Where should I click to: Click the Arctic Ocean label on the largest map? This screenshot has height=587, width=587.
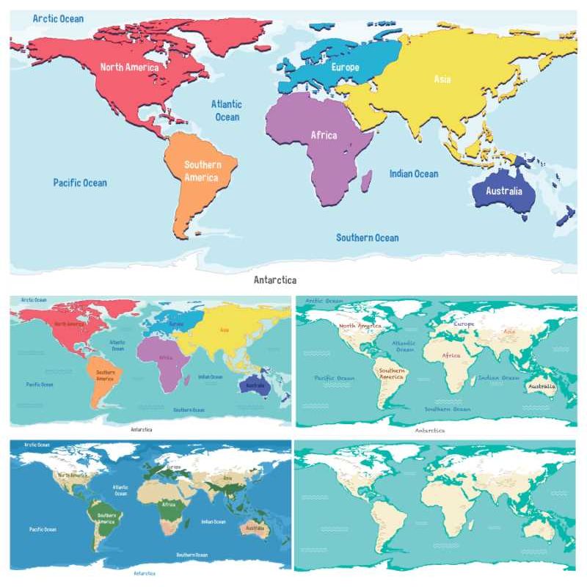coord(58,18)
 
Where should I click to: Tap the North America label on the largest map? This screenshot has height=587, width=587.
coord(129,68)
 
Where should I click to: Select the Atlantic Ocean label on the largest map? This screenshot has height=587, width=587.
coord(227,110)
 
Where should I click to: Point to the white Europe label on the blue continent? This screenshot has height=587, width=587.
coord(345,68)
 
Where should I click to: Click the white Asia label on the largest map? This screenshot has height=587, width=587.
coord(442,79)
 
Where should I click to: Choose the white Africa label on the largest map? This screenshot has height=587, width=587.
coord(324,135)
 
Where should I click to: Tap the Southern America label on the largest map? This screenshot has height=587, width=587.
coord(201,171)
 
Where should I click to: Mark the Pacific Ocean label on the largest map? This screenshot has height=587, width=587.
coord(80,183)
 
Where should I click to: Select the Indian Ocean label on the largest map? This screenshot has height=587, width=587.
coord(414,174)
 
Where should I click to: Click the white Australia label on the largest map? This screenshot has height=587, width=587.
coord(504,191)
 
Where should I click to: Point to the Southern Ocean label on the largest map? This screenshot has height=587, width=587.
coord(368,238)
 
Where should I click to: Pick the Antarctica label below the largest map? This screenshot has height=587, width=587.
coord(275,280)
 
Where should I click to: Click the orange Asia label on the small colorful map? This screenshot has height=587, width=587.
coord(224,330)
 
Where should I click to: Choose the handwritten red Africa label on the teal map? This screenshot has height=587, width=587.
coord(451,356)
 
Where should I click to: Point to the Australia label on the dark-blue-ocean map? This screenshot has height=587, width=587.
coord(255,528)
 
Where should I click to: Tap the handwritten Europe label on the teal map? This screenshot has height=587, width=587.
coord(464,324)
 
